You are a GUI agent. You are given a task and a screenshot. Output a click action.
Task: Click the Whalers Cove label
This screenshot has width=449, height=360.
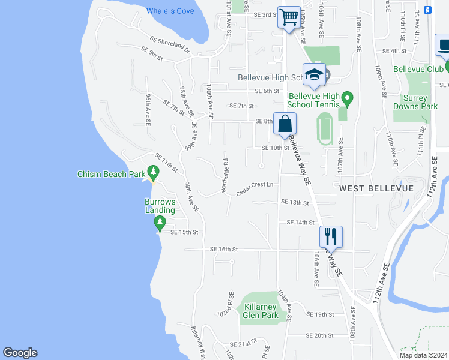(x=170, y=11)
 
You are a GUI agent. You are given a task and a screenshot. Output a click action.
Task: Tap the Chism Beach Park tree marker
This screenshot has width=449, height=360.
(x=153, y=174)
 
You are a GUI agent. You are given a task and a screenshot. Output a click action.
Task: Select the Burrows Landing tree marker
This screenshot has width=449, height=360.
(x=160, y=223)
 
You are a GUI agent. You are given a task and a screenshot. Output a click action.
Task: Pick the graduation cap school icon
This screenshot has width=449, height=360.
(x=314, y=74)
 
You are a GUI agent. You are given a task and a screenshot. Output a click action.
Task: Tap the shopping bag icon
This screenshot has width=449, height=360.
(x=285, y=124)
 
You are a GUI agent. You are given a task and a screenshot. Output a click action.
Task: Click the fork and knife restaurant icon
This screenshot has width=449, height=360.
(x=331, y=237)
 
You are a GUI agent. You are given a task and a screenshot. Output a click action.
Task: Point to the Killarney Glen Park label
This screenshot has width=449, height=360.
(x=261, y=311)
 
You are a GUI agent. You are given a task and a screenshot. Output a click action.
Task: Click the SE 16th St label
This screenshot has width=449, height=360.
(x=224, y=249)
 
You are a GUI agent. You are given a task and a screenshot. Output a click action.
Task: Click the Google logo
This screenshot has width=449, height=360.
(x=20, y=353)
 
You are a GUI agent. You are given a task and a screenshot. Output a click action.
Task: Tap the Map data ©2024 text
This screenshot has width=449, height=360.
(x=423, y=355)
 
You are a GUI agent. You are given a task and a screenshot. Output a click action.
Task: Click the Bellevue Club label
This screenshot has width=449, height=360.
(x=418, y=69)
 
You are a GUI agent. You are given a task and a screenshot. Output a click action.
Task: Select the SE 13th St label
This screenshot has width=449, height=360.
(x=294, y=203)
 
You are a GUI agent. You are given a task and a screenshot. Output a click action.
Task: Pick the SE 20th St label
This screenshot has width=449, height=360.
(x=319, y=335)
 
